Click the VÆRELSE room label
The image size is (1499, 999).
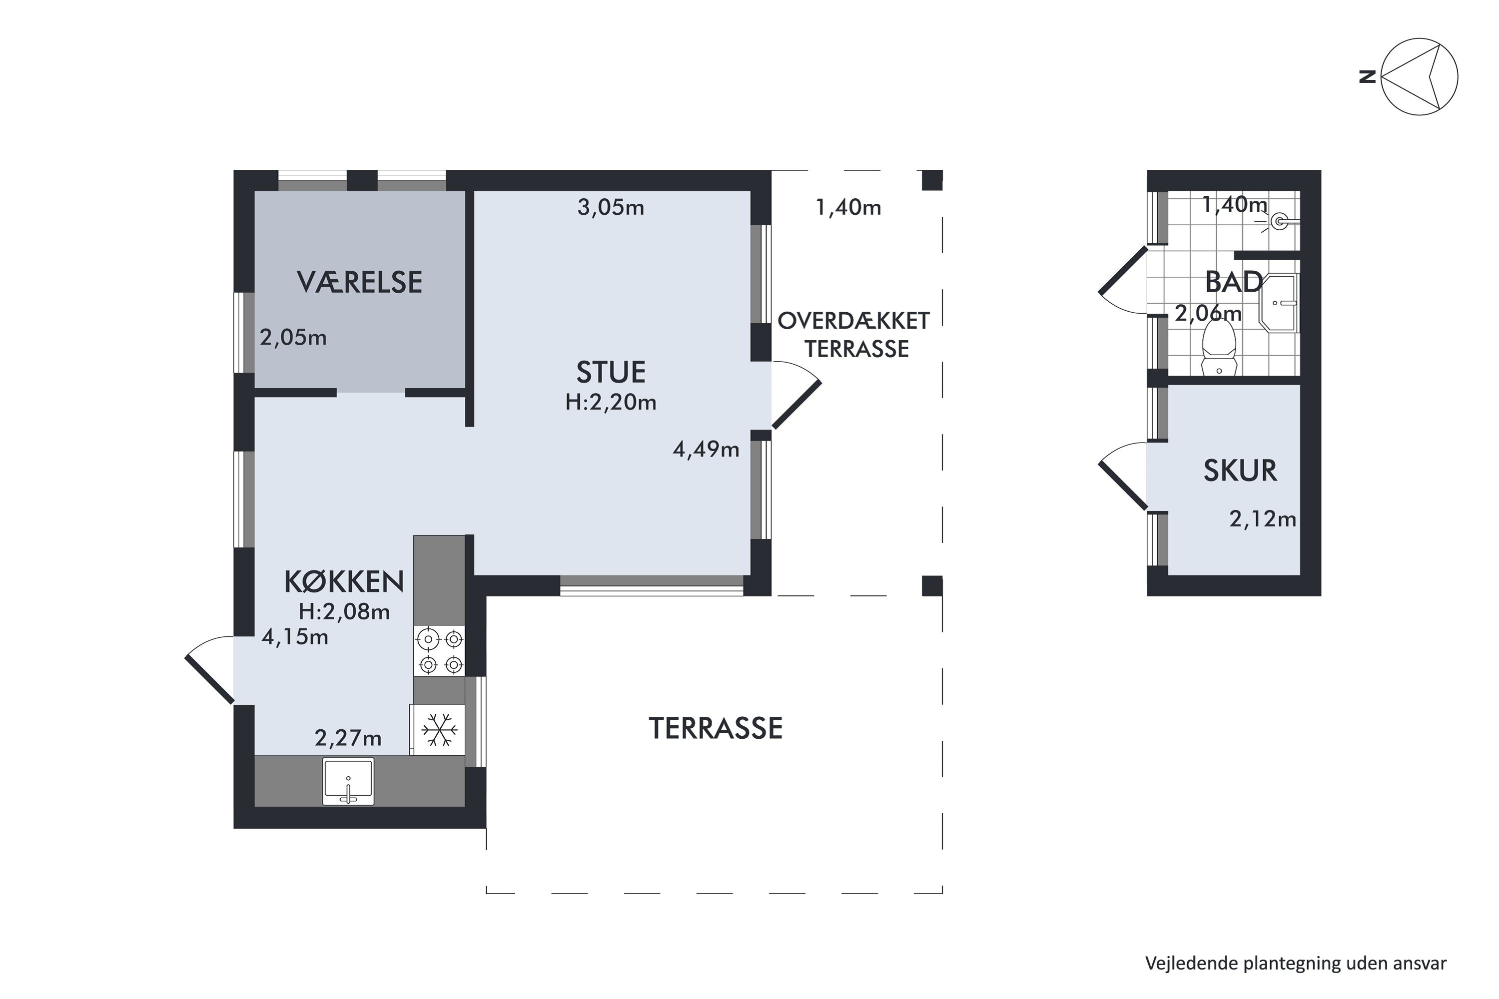click(359, 282)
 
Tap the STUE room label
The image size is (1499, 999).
click(611, 372)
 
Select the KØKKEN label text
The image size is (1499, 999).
click(344, 581)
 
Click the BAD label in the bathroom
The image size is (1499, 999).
click(1234, 282)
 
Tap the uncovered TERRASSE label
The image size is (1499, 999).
click(716, 728)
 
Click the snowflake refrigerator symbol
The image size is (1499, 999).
click(439, 729)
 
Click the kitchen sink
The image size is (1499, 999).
click(348, 781)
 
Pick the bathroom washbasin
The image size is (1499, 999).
click(1279, 303)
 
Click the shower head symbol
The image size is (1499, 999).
click(1279, 222)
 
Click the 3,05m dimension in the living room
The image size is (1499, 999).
click(611, 207)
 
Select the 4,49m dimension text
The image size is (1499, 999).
click(706, 450)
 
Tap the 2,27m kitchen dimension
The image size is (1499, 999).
click(348, 738)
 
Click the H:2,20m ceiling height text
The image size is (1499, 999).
click(611, 402)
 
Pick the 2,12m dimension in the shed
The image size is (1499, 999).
click(1263, 519)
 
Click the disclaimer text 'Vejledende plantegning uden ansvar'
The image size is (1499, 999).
click(1296, 963)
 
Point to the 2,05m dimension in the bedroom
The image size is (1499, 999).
click(293, 337)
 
